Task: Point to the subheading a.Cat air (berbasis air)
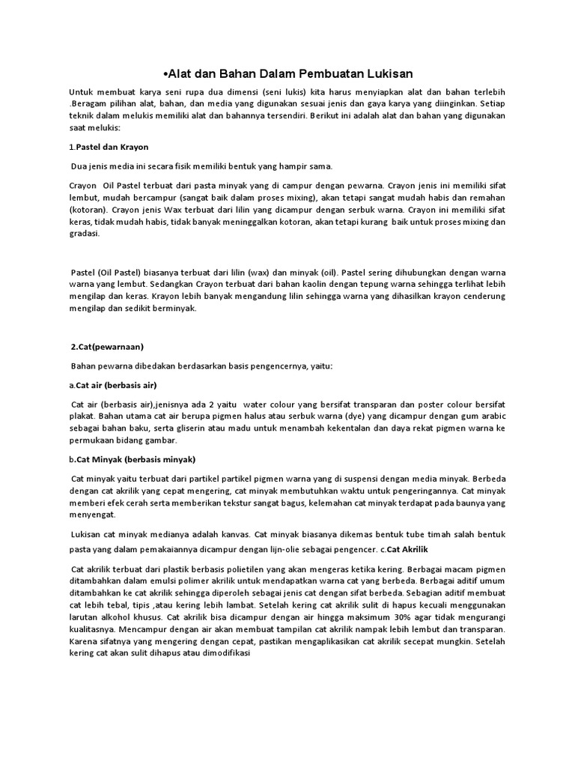pyautogui.click(x=112, y=385)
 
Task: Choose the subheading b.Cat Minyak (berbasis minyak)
pyautogui.click(x=131, y=458)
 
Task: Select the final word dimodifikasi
pyautogui.click(x=223, y=653)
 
